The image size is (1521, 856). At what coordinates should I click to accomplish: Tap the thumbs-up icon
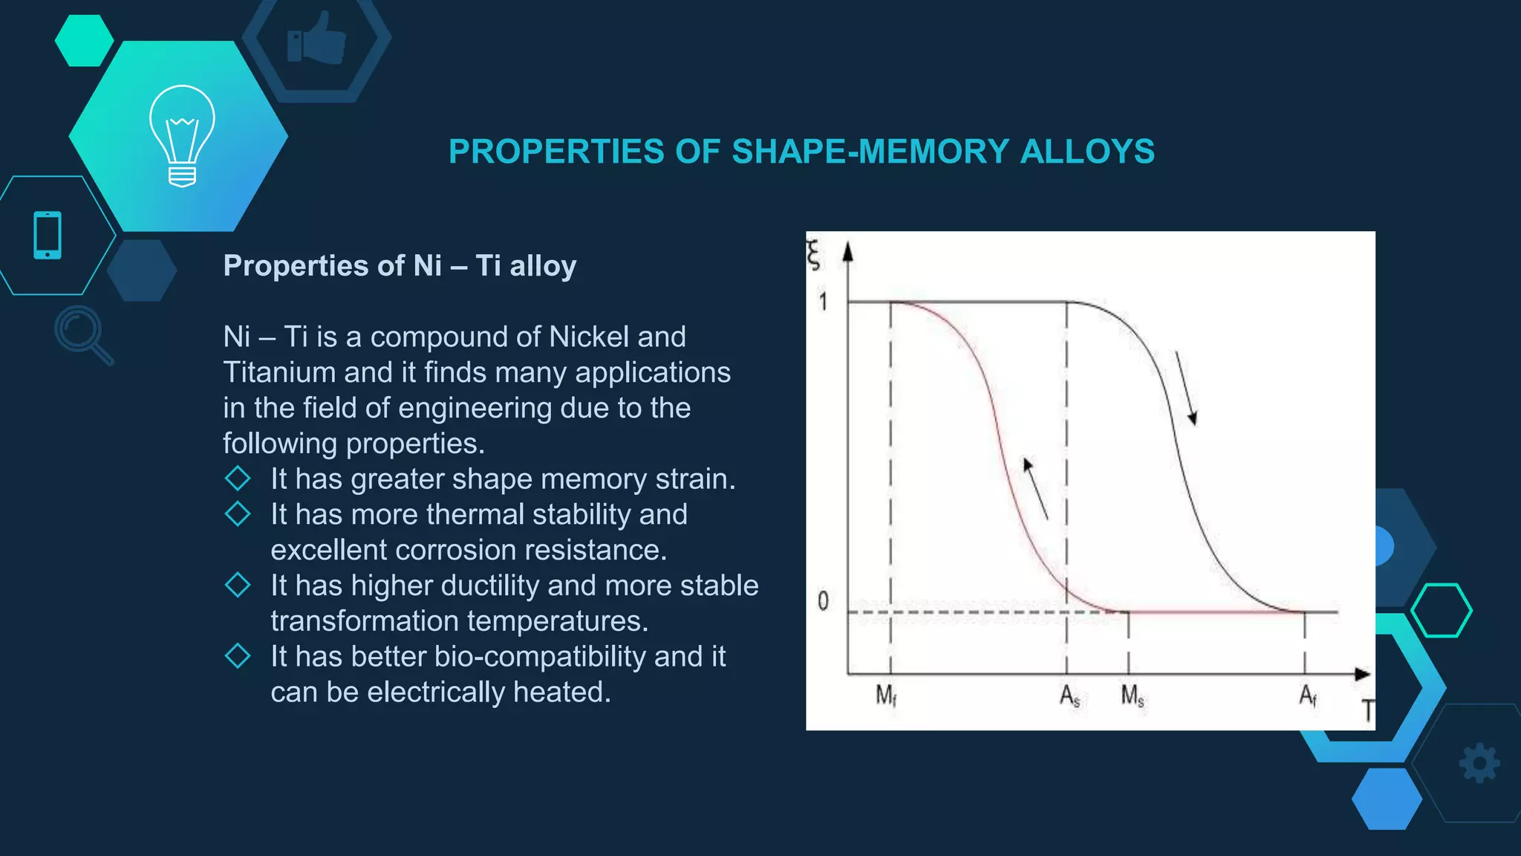pos(317,39)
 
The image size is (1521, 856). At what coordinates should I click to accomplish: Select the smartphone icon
pos(48,236)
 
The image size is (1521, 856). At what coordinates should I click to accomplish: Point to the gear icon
pos(1479,763)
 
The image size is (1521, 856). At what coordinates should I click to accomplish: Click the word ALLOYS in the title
pos(1087,152)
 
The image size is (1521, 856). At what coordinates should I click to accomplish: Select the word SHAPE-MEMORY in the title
pos(876,152)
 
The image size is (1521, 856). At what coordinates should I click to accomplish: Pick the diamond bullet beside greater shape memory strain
pos(238,479)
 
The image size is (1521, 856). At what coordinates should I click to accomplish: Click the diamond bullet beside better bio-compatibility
pos(238,656)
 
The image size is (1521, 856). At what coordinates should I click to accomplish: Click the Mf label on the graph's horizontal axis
pos(886,695)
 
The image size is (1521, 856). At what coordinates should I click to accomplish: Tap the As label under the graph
pos(1069,696)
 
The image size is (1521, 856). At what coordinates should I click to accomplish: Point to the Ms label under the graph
pos(1133,696)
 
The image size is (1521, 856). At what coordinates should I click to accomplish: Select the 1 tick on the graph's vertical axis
pos(823,302)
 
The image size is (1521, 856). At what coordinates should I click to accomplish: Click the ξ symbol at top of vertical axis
pos(814,255)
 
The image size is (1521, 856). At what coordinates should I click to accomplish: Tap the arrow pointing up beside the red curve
pos(1035,488)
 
